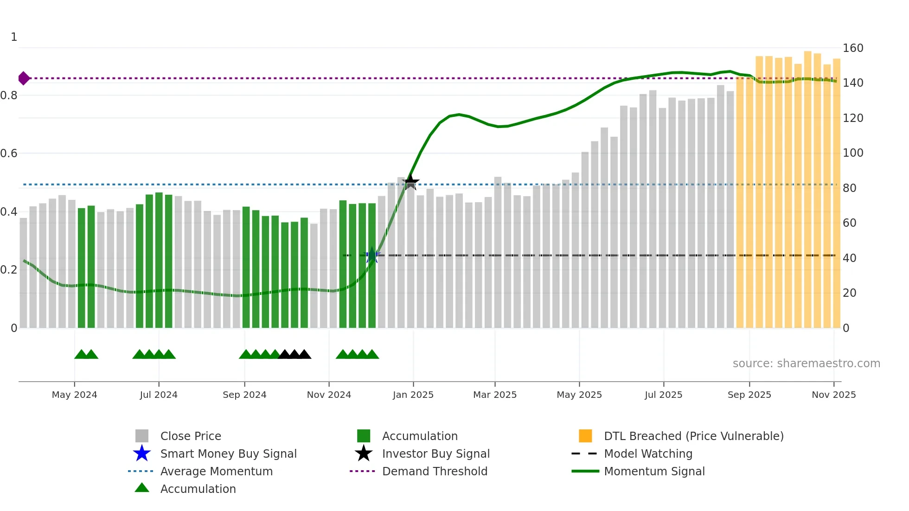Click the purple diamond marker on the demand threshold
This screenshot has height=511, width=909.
click(24, 78)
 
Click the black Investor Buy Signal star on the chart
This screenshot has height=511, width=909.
click(410, 182)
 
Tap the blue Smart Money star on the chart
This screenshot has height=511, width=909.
click(372, 255)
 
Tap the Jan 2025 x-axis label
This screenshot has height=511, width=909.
click(413, 395)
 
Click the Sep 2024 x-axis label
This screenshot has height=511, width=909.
click(244, 395)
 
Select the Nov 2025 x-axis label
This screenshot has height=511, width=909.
click(833, 395)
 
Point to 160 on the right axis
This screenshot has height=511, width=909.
click(853, 48)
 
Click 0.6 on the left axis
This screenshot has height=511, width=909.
click(9, 153)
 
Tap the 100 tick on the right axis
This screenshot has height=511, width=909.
click(853, 153)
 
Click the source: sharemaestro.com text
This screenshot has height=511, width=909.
click(806, 364)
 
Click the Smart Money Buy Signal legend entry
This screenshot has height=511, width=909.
click(228, 454)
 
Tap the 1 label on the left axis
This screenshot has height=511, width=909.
click(14, 37)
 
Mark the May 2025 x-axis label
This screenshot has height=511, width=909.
click(579, 395)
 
